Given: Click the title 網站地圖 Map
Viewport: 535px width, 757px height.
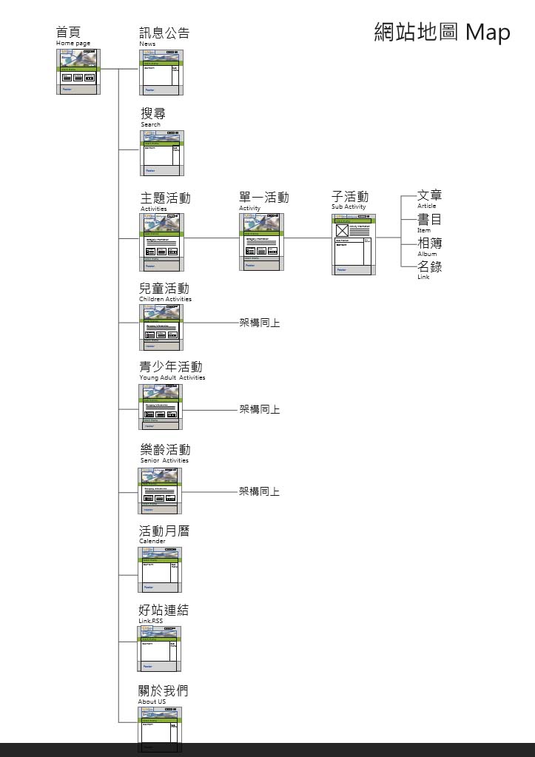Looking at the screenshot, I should [x=442, y=33].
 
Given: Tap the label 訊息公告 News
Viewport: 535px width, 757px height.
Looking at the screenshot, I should [x=164, y=36].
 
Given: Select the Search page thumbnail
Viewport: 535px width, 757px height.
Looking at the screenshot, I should [x=163, y=152].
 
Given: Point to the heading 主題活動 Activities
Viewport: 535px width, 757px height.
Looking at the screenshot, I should [x=165, y=201].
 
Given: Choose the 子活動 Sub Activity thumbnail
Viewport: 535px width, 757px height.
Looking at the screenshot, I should [x=354, y=244].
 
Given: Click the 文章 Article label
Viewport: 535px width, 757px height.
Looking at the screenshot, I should [x=429, y=198].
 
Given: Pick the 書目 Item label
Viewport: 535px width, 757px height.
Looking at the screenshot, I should [x=429, y=223].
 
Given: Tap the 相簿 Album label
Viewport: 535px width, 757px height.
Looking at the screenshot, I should [x=429, y=246].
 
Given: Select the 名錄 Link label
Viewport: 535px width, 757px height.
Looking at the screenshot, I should [x=429, y=270].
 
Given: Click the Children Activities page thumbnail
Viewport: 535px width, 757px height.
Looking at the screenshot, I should [x=161, y=326].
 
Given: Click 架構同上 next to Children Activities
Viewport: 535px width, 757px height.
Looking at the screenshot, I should [x=259, y=323].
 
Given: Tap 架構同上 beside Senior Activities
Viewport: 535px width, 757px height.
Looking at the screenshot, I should [x=259, y=491].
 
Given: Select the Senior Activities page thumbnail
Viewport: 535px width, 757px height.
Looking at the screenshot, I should [x=161, y=491].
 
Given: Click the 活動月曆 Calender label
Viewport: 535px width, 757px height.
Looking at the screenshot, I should [x=164, y=534].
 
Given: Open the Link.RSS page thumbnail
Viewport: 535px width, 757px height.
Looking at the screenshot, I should [x=159, y=647].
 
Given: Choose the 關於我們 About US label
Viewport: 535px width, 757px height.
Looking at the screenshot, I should [x=164, y=694].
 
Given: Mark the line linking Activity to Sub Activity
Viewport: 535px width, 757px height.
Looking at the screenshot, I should [x=306, y=238].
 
